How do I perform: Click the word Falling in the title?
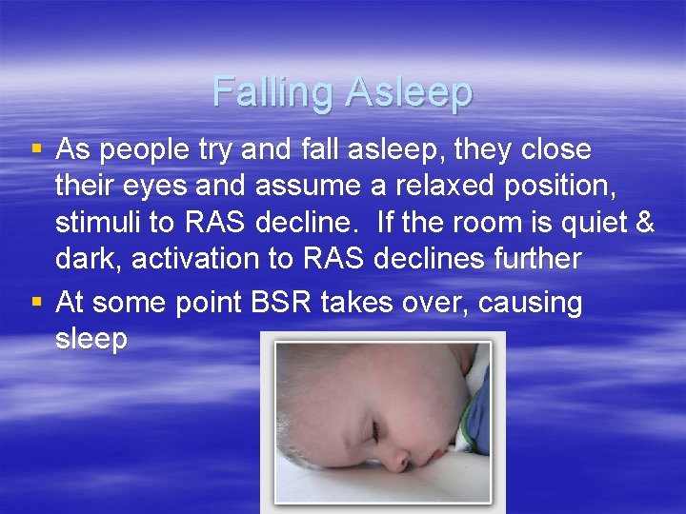pyautogui.click(x=273, y=92)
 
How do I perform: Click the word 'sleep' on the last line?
pyautogui.click(x=91, y=340)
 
